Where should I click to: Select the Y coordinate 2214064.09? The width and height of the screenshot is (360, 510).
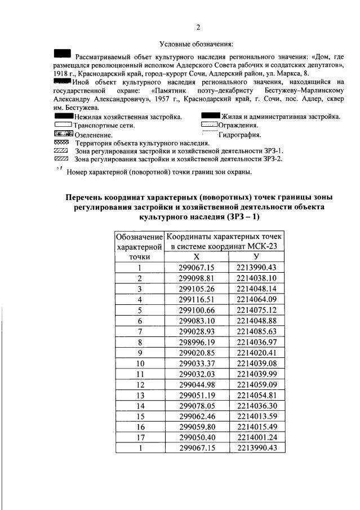click(x=257, y=299)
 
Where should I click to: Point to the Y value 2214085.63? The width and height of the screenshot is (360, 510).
click(x=257, y=329)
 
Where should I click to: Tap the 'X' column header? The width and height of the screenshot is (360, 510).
click(x=197, y=257)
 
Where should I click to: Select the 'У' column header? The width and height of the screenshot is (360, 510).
click(x=257, y=257)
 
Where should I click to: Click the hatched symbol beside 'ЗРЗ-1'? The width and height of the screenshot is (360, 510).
click(x=60, y=151)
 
